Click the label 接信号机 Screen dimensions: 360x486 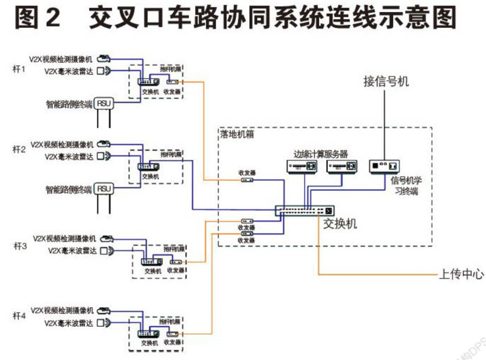[386, 82]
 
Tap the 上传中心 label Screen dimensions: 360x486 [461, 274]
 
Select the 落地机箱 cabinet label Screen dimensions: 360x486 [237, 134]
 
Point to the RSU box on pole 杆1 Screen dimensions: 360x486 [103, 103]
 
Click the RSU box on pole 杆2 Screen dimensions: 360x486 [103, 189]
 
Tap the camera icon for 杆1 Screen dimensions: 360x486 [103, 59]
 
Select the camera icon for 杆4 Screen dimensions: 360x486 [103, 311]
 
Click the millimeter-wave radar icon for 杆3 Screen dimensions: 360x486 [106, 250]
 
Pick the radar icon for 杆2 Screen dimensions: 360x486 [103, 156]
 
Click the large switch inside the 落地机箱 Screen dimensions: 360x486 [305, 210]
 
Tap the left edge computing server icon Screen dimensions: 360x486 [301, 166]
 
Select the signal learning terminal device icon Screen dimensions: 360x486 [384, 166]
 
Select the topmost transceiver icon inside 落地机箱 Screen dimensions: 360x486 [246, 180]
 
